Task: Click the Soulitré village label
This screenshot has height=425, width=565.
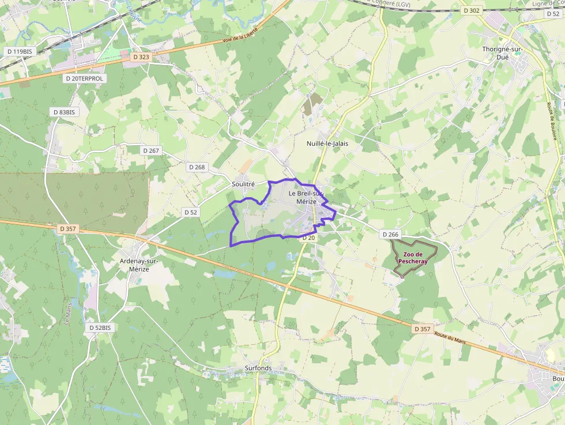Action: tap(243, 183)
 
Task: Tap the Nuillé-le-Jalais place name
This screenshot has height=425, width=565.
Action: tap(327, 143)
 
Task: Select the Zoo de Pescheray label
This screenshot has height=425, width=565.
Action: tap(413, 257)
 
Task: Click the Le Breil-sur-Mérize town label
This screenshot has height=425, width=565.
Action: tap(306, 197)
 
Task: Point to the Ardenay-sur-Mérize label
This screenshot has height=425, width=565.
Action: tap(139, 265)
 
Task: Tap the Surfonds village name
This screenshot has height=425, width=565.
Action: tap(258, 368)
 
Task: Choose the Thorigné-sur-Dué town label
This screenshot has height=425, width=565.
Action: tap(502, 53)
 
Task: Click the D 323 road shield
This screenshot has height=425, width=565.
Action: tap(141, 57)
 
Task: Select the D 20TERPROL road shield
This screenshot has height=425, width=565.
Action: tap(84, 78)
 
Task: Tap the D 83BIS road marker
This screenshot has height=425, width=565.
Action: tap(63, 112)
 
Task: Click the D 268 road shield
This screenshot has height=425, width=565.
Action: tap(197, 167)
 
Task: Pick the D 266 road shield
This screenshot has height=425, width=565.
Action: tap(390, 234)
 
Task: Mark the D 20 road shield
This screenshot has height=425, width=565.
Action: tap(308, 238)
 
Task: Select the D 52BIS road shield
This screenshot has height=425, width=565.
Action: tap(99, 328)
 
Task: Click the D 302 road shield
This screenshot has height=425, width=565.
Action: tap(471, 10)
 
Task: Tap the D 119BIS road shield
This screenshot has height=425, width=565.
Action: tap(20, 51)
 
